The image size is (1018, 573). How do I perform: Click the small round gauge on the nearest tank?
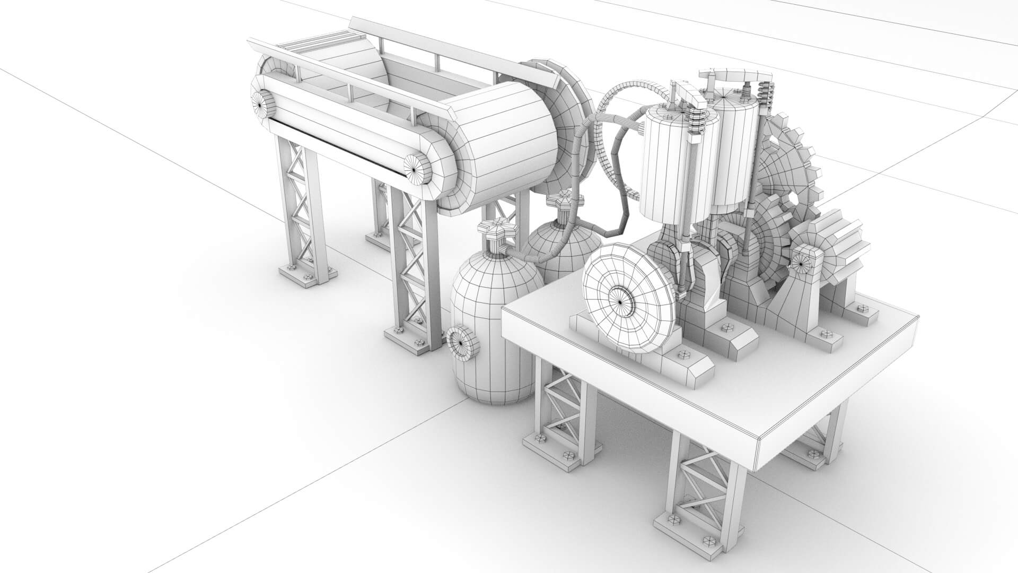pyautogui.click(x=462, y=343)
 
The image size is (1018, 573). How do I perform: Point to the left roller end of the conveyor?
pyautogui.click(x=261, y=105)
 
